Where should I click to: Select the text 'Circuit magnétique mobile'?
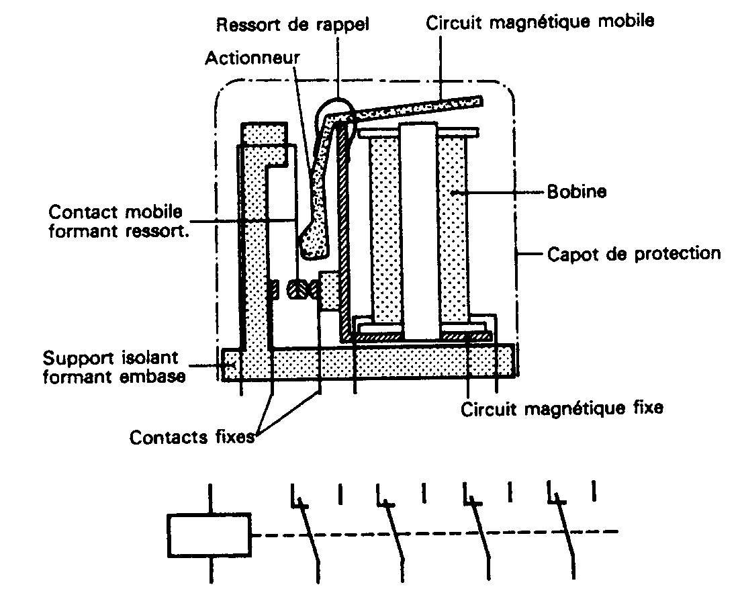540,21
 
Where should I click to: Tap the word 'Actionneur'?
252,56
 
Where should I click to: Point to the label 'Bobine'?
577,192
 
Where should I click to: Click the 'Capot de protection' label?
634,255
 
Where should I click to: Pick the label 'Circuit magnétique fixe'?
562,409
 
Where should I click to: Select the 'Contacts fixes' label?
192,438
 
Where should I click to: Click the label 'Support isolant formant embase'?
114,366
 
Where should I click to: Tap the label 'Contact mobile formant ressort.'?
115,222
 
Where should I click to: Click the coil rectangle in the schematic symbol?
209,535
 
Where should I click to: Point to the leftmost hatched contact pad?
273,290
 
